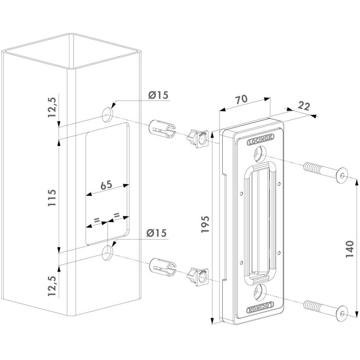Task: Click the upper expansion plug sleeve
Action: click(161, 129)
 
